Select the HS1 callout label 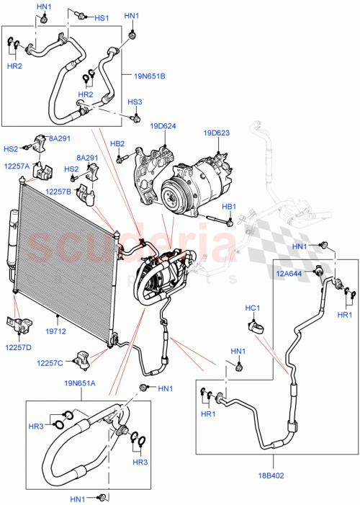(101, 18)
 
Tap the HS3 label (135, 102)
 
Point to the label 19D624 (163, 126)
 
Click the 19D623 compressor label (216, 133)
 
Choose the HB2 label (117, 143)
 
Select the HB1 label (228, 207)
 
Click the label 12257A (17, 166)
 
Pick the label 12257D (18, 347)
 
